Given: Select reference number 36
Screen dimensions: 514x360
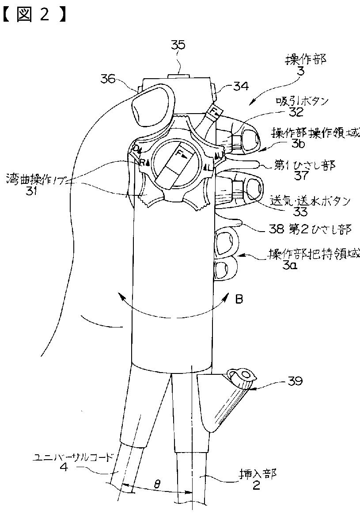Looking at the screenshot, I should click(x=107, y=79).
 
